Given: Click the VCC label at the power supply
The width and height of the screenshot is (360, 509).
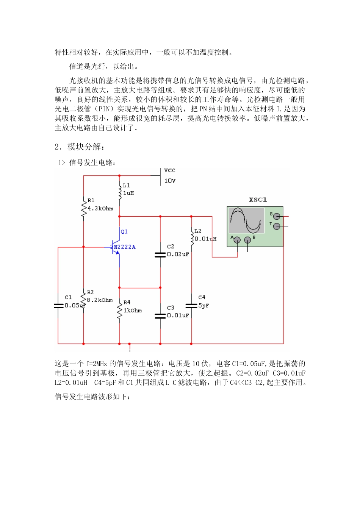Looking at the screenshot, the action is [169, 171].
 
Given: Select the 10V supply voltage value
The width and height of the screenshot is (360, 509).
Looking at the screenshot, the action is [170, 181].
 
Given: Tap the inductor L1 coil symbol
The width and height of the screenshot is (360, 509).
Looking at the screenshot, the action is [119, 190].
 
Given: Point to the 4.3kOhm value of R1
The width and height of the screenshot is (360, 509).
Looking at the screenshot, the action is [100, 209].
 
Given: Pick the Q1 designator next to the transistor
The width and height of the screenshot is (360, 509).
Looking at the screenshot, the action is [124, 232].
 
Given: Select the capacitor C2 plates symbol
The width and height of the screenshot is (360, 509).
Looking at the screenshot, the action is [160, 255].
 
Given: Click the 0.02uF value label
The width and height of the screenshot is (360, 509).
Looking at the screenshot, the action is [178, 254].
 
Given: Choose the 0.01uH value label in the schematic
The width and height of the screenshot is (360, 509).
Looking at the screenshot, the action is [205, 239].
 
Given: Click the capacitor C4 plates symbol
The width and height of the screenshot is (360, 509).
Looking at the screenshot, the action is [191, 306].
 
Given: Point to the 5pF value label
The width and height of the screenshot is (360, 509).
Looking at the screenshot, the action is [203, 306].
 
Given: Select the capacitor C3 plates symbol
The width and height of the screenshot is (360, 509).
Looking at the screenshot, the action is [160, 315].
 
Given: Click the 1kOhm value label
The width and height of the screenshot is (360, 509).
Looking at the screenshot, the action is [133, 311].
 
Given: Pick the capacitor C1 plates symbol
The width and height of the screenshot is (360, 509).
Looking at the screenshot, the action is [58, 306].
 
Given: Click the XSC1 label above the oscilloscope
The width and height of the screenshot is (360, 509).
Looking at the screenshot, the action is [258, 200].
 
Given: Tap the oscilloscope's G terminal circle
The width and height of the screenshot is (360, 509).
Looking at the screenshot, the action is [277, 216].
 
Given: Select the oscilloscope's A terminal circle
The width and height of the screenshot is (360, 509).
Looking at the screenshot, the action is [237, 240].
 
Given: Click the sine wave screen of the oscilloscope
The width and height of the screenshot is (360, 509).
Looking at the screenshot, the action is [247, 220].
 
